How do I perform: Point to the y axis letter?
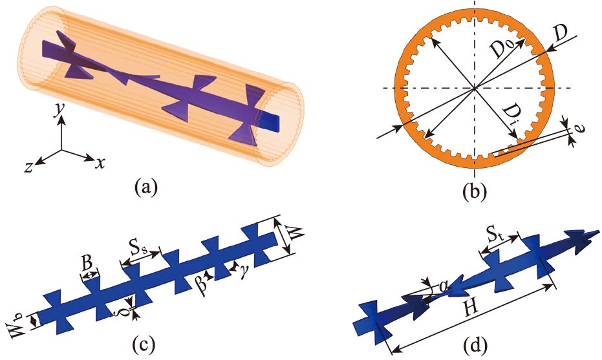pos(59,111)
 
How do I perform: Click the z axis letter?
pos(28,165)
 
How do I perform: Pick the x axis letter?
pos(100,163)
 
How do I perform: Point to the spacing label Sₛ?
pos(136,247)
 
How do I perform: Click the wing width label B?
pos(86,263)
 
